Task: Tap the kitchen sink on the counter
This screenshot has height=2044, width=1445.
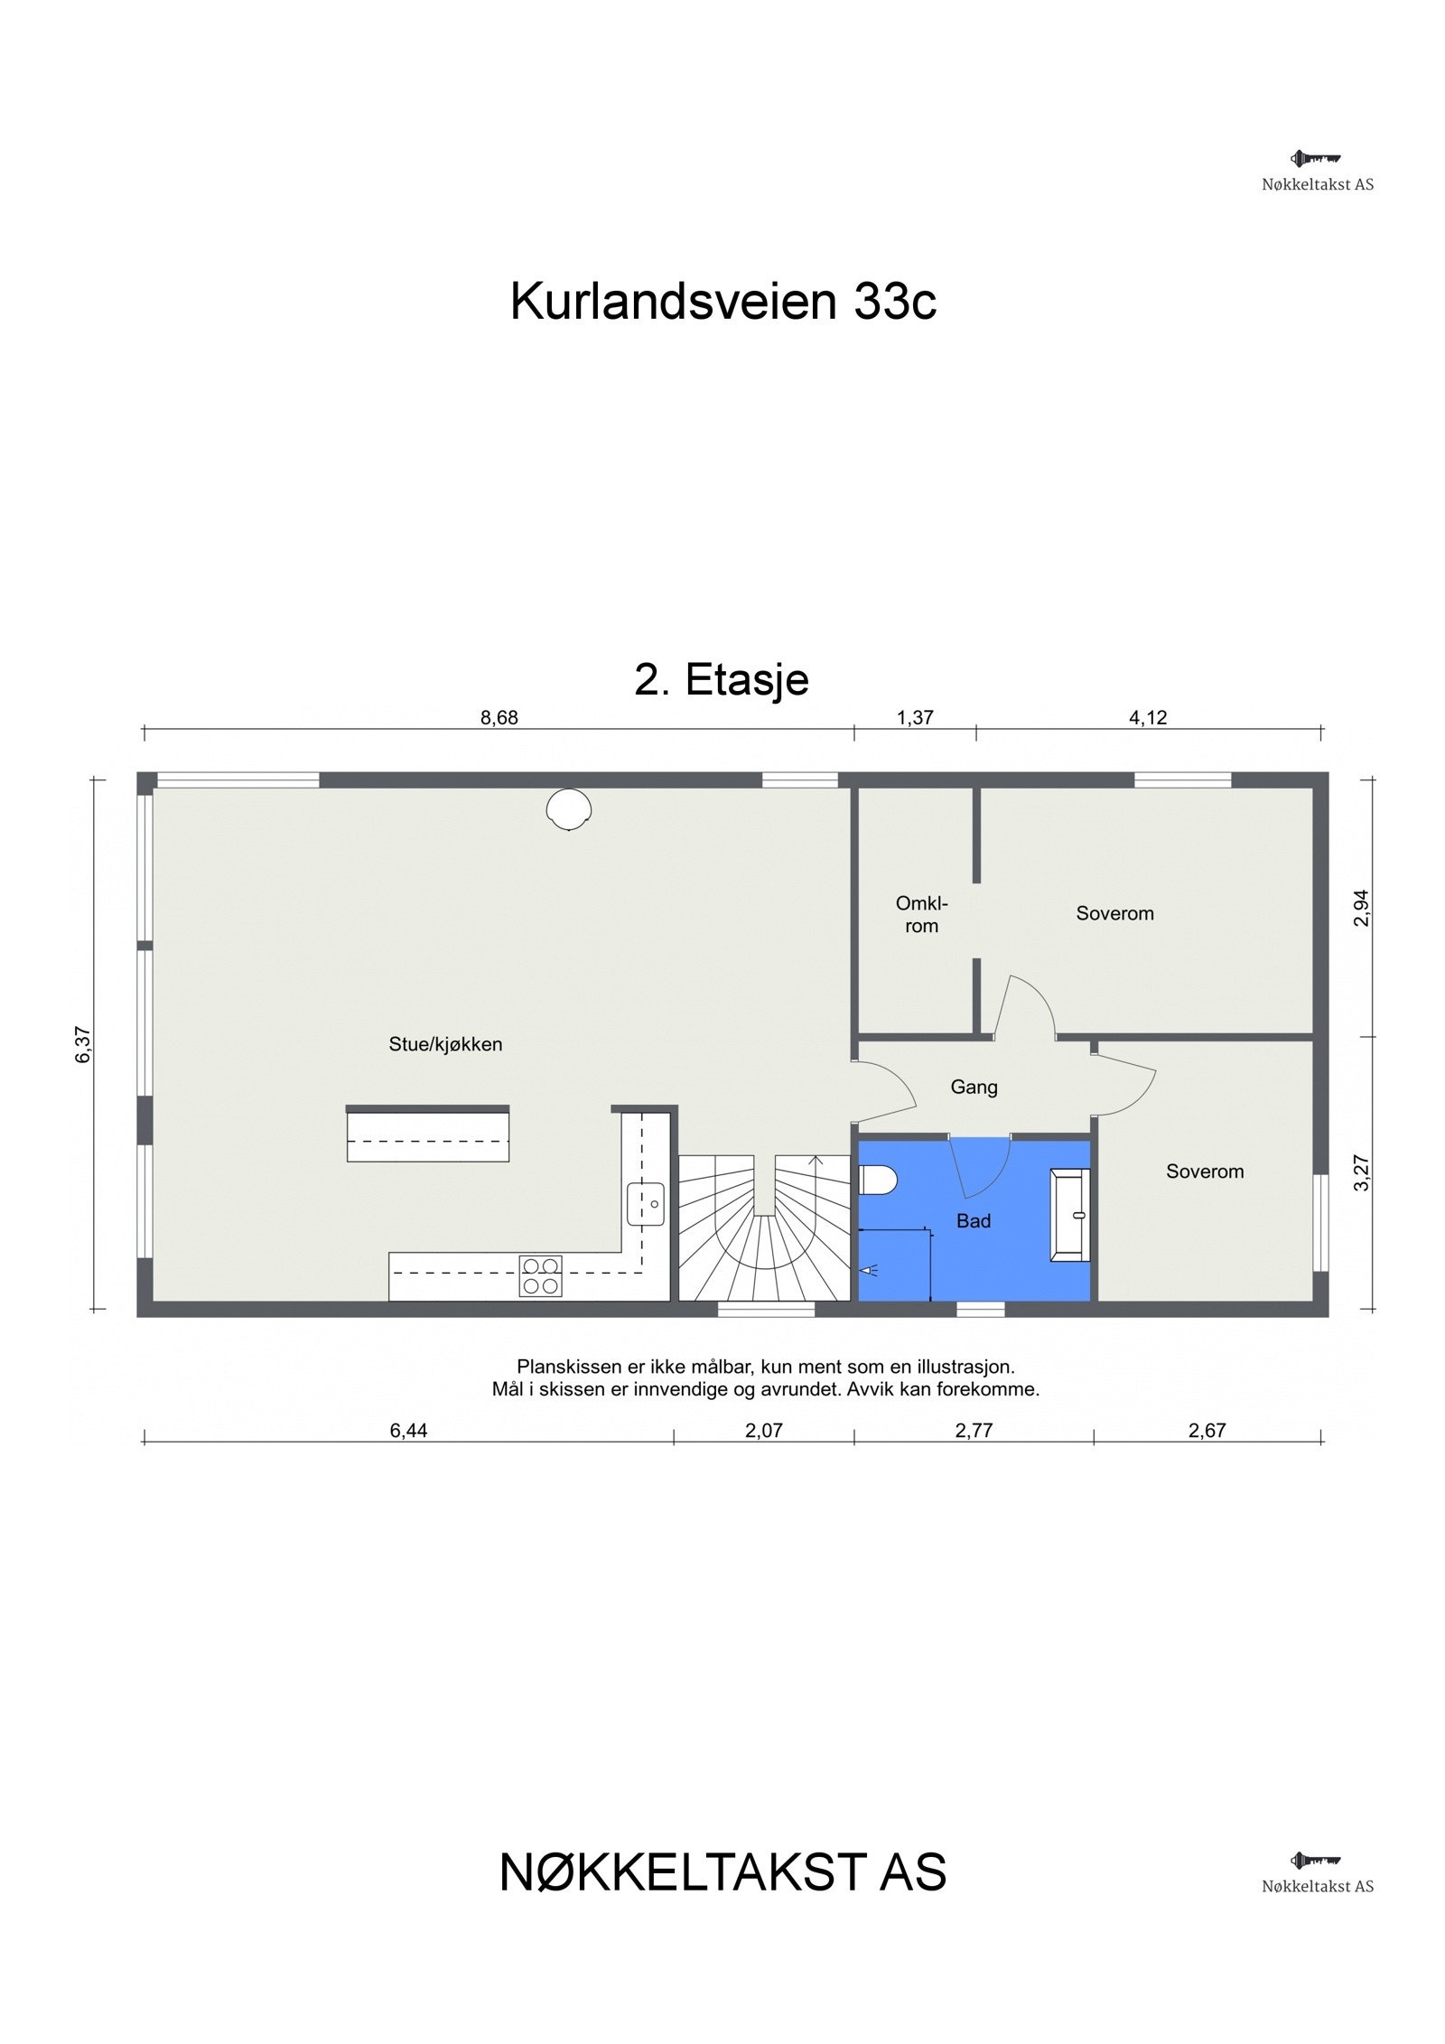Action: tap(646, 1204)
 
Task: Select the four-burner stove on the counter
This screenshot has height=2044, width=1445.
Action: tap(540, 1275)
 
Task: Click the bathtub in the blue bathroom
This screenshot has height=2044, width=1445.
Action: tap(1070, 1215)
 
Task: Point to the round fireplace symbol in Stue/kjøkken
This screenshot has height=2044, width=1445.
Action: tap(569, 808)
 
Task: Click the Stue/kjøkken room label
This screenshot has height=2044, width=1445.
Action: tap(445, 1044)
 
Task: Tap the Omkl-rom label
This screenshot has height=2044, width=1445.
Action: tap(921, 914)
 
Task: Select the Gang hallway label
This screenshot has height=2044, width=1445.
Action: tap(974, 1087)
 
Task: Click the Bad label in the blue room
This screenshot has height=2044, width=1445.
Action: tap(974, 1221)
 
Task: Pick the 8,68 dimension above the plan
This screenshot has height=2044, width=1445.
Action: tap(499, 718)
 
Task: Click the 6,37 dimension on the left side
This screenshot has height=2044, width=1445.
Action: tap(83, 1045)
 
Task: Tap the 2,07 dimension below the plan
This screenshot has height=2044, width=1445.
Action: tap(764, 1430)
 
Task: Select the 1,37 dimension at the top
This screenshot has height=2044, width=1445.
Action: tap(915, 718)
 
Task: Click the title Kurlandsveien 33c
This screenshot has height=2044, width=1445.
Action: tap(723, 301)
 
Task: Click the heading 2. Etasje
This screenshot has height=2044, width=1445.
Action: tap(722, 679)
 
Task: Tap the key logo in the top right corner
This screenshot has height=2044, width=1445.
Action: tap(1315, 159)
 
